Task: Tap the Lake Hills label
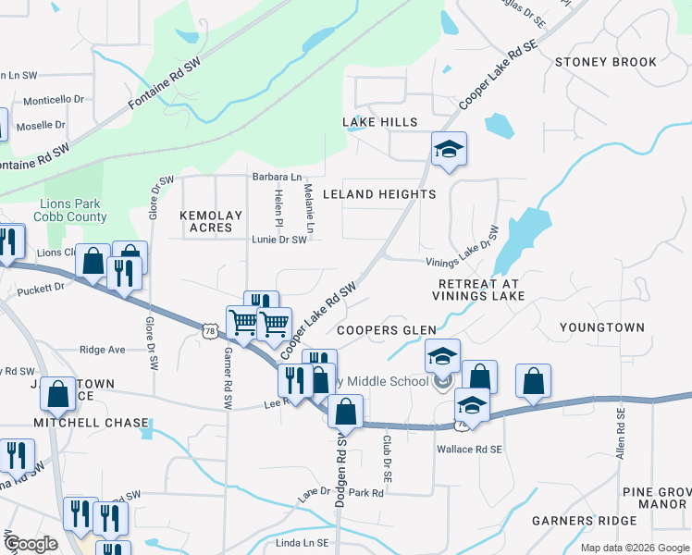point(380,122)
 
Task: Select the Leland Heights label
point(379,194)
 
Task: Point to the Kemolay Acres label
point(211,221)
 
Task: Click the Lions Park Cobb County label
point(73,210)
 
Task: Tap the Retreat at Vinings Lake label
point(478,290)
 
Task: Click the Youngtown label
point(602,327)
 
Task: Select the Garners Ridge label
point(586,521)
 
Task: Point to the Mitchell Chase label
point(91,423)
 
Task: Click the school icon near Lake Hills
point(449,149)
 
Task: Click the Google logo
point(31,543)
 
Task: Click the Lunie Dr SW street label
point(278,240)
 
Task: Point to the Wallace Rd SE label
point(469,450)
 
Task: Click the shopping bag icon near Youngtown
point(533,381)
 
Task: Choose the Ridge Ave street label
point(102,350)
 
